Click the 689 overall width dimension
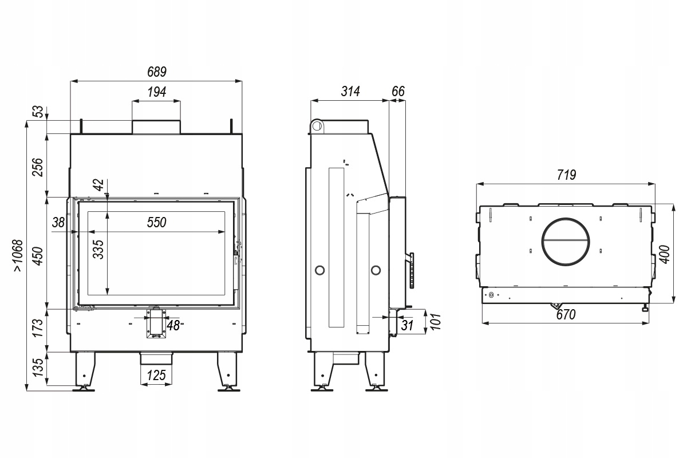tap(156, 72)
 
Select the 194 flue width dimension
tap(156, 92)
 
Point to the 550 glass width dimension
tap(156, 223)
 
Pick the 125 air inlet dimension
tap(156, 376)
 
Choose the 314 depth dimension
tap(349, 91)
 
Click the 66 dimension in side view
tap(398, 91)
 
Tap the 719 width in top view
tap(566, 175)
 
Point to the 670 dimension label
tap(566, 314)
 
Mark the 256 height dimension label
tap(38, 166)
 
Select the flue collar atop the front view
tap(156, 127)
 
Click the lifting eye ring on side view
tap(316, 125)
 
